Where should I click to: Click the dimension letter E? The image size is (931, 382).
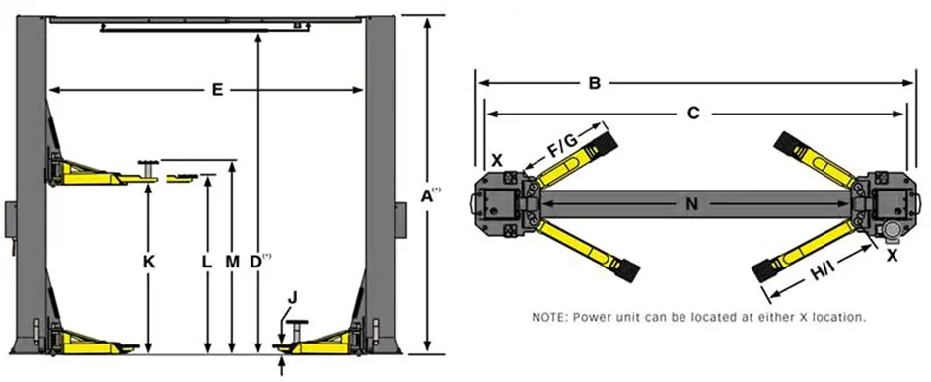[217, 90]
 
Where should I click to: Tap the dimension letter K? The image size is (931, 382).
[149, 262]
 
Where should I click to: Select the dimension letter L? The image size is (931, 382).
[207, 262]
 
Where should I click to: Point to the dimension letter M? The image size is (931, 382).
[232, 262]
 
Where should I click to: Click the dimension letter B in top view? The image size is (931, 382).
[595, 83]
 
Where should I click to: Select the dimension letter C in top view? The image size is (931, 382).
[693, 114]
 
